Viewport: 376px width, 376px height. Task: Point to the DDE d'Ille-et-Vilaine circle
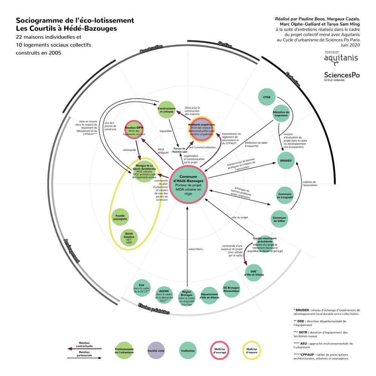tap(254, 272)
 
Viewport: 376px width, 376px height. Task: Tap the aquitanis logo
tap(341, 58)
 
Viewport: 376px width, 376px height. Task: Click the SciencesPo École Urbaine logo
tap(341, 76)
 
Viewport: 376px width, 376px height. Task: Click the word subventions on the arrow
tap(196, 249)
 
